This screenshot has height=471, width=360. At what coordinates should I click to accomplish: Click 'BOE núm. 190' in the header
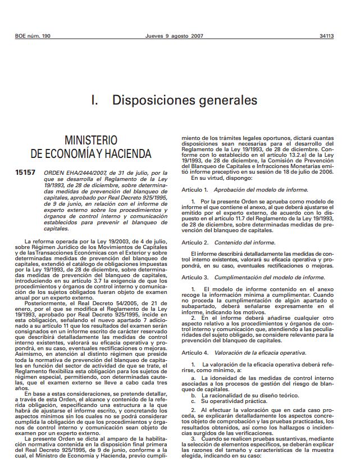click(x=33, y=36)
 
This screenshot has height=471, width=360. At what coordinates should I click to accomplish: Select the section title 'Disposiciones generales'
click(x=185, y=101)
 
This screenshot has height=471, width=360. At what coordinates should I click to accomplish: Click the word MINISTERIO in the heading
click(x=91, y=140)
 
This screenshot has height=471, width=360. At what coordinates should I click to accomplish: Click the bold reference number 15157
click(x=25, y=173)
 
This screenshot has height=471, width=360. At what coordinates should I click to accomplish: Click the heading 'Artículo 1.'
click(x=194, y=190)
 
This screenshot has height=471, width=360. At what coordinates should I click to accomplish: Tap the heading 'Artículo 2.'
click(x=194, y=242)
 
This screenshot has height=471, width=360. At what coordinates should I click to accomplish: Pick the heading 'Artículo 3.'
click(x=194, y=278)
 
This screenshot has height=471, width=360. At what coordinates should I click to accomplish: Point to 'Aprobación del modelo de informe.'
click(x=261, y=190)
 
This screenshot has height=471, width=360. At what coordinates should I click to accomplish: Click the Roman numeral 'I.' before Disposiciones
click(x=94, y=101)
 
